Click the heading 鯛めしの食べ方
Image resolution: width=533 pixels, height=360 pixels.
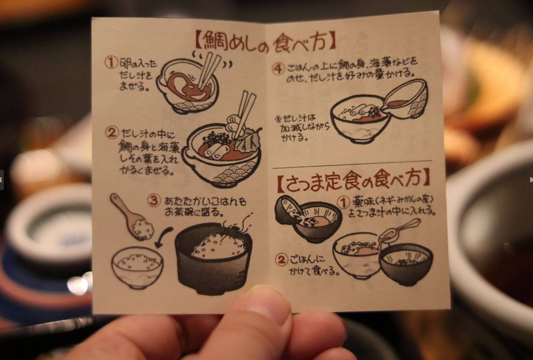click(x=266, y=43)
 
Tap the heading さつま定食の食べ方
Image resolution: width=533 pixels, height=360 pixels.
click(x=353, y=179)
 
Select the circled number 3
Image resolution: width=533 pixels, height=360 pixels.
click(x=154, y=201)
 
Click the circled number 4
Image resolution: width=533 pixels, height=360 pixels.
click(x=278, y=69)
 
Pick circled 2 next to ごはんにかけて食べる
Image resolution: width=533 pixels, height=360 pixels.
click(x=282, y=260)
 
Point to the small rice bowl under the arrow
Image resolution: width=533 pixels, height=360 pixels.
click(x=137, y=267)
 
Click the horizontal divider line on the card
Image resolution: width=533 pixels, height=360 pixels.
click(x=352, y=164)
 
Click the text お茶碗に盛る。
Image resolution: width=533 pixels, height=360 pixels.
click(x=194, y=212)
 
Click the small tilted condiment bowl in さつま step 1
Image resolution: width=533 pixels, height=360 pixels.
click(x=288, y=209)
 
